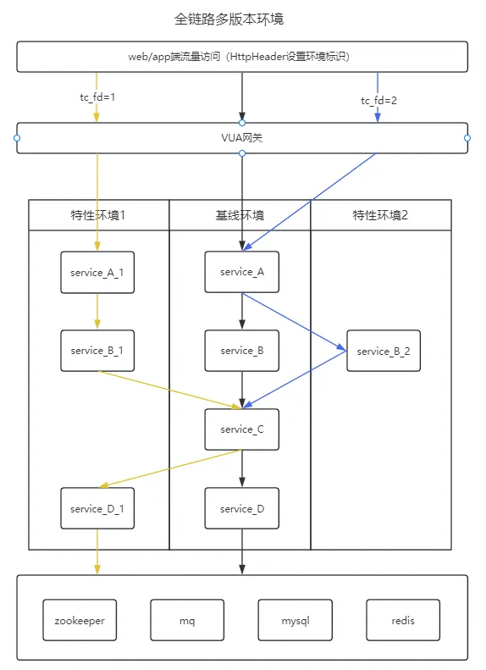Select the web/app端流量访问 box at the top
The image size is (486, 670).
242,57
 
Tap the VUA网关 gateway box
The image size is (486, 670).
242,138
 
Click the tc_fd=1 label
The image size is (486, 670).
97,97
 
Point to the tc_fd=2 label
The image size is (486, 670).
378,101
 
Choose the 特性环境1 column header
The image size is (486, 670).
98,215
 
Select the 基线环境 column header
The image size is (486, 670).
240,215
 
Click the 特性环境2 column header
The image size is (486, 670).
380,215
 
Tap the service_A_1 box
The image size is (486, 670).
97,272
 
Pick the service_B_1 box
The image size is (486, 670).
97,351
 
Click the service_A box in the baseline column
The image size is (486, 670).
241,272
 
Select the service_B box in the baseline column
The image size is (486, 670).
241,351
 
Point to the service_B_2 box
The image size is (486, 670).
383,351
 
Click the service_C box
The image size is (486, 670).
241,429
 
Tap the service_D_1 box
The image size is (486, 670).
97,508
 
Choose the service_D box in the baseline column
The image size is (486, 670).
241,508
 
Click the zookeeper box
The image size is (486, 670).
80,621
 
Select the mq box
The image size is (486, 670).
187,621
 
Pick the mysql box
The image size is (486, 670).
295,621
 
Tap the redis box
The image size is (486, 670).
403,621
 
